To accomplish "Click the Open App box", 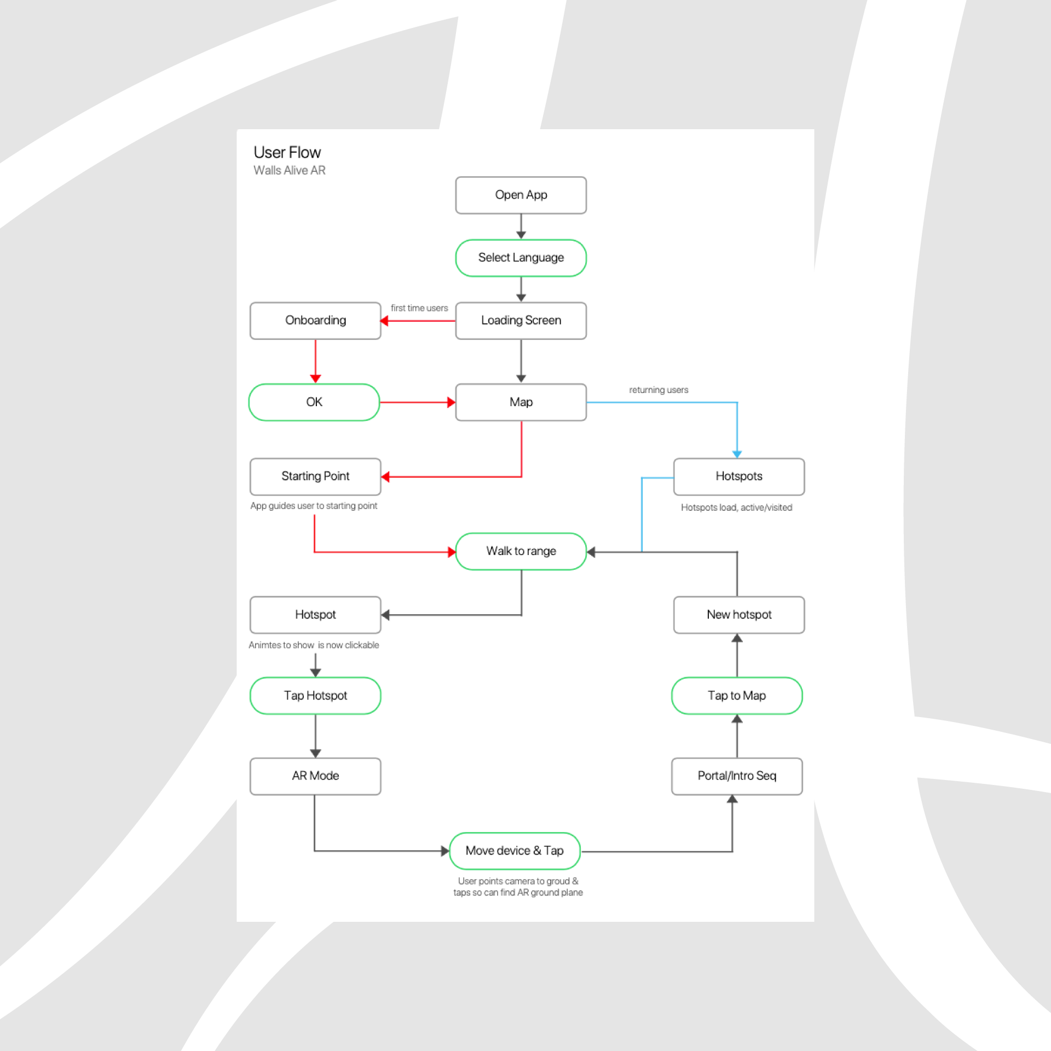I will point(521,195).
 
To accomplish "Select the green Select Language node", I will point(521,258).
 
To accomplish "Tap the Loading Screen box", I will point(521,321).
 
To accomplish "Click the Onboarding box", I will point(315,321).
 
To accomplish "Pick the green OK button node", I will point(314,402).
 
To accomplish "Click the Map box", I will point(521,402).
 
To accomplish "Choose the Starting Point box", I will point(315,476).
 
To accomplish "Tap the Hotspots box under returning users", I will point(738,476).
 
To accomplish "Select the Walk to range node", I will point(521,551).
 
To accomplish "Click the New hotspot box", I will point(738,615).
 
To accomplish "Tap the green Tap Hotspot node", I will point(315,696).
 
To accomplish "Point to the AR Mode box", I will point(315,776).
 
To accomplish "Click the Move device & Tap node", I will point(515,851).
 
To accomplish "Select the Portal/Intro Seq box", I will point(737,776).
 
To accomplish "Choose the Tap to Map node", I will point(737,696).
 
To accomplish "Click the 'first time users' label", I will point(419,308).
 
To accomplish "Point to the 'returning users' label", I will point(659,390).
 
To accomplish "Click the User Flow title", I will point(287,152).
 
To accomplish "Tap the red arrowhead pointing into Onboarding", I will point(384,321).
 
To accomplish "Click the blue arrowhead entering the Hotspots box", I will point(737,454).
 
